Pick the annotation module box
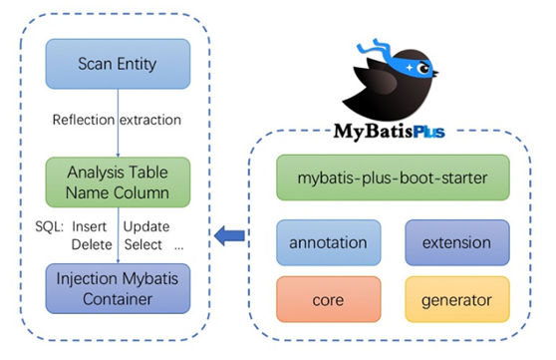[327, 241]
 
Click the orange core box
[327, 297]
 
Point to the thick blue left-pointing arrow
[231, 236]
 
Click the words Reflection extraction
[117, 121]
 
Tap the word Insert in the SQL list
[91, 225]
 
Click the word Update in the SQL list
[147, 225]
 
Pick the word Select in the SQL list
[144, 243]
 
